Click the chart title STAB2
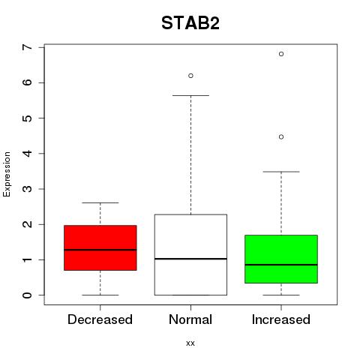tap(190, 23)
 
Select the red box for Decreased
tap(100, 247)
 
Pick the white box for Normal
tap(190, 255)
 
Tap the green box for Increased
tap(281, 259)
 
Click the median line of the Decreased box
tap(100, 250)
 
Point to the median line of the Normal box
tap(190, 259)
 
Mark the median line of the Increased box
tap(281, 265)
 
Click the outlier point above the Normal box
tap(190, 76)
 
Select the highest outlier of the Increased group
tap(281, 54)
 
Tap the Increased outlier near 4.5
tap(281, 136)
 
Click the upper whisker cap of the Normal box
tap(190, 95)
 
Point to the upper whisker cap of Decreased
tap(100, 202)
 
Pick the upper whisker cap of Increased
tap(281, 172)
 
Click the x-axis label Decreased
tap(100, 319)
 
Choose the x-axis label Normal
tap(190, 319)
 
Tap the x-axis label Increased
tap(281, 319)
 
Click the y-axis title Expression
tap(7, 174)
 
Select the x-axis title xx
tap(190, 343)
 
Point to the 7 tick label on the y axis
tap(27, 47)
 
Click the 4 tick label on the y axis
tap(27, 153)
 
